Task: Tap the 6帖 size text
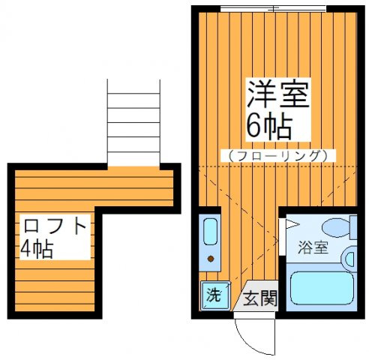267,127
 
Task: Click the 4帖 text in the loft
37,248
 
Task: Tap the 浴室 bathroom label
313,248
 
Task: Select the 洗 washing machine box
213,295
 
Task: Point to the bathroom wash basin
349,259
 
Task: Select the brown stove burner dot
211,259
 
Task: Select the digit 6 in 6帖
253,127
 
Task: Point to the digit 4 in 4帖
28,248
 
